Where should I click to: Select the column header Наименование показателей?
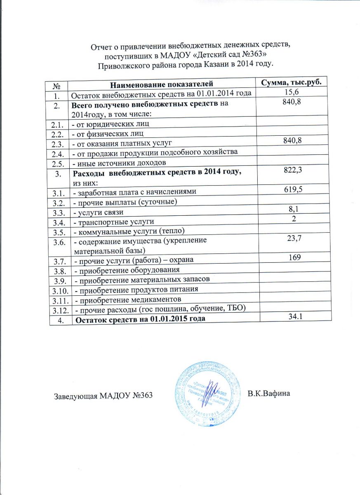(x=162, y=85)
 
